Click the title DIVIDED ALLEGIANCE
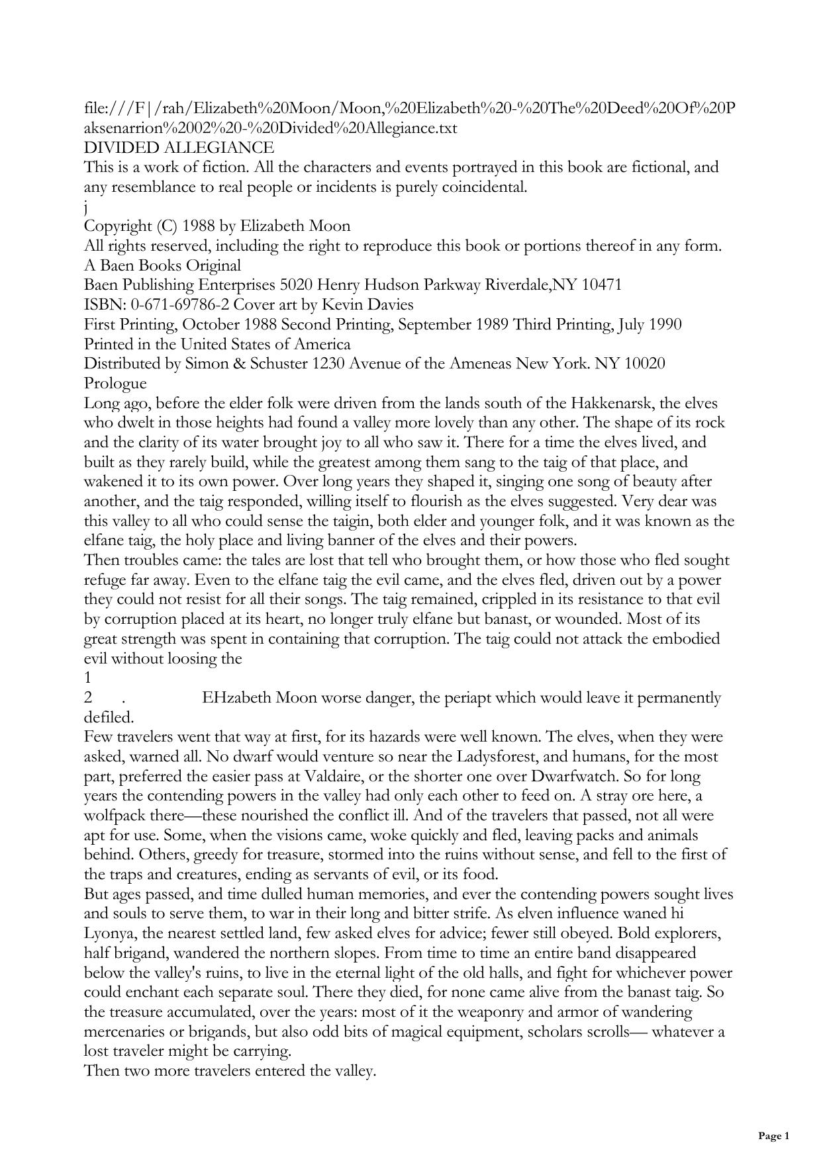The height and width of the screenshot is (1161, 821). pos(179,148)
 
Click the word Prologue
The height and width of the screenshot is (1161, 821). pos(115,384)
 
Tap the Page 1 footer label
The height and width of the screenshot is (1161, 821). pos(773,1137)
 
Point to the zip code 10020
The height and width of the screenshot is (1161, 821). pos(646,364)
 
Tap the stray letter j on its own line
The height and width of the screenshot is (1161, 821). pos(86,207)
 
